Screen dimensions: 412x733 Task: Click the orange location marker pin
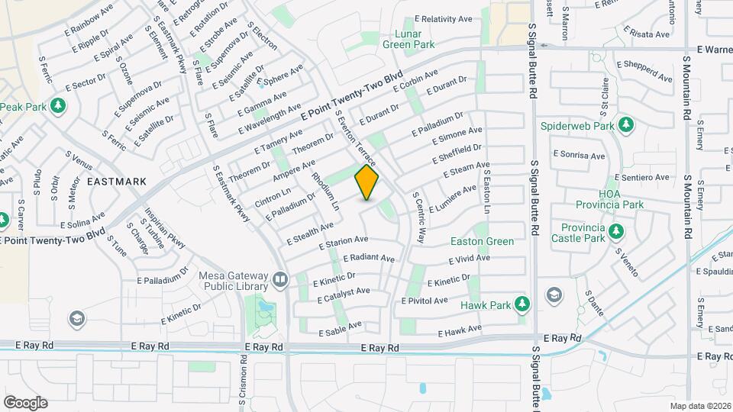click(x=366, y=183)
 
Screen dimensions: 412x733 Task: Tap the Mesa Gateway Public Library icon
click(x=280, y=280)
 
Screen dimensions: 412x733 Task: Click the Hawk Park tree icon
click(x=522, y=304)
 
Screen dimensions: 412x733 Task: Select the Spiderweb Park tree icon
click(x=626, y=124)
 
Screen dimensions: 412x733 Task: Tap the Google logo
click(x=25, y=403)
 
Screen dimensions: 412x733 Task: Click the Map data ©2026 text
click(x=699, y=406)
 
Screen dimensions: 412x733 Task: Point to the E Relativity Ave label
click(x=444, y=18)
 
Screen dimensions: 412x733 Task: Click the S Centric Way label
click(x=418, y=217)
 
